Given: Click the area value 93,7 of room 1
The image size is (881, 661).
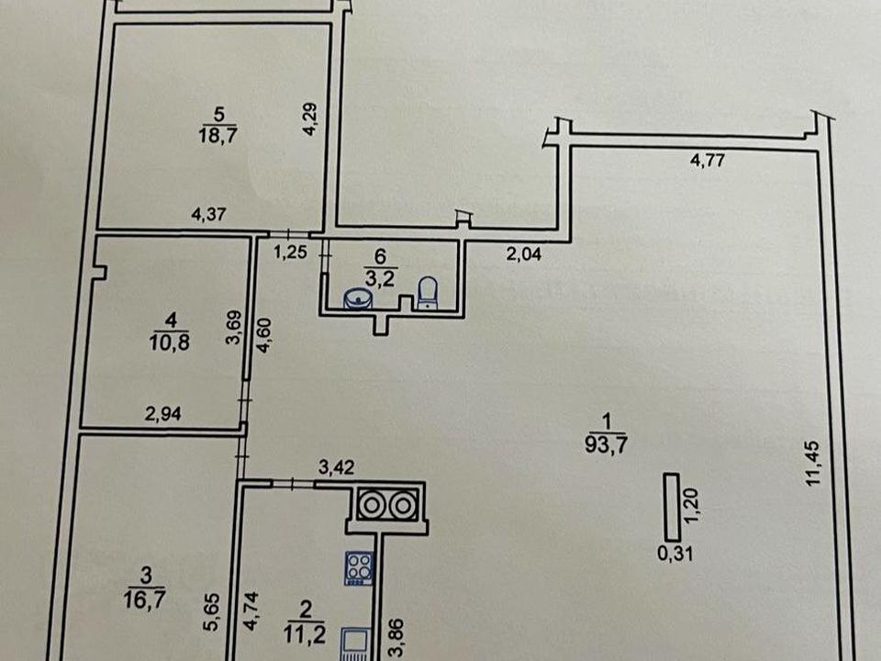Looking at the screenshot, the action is click(x=606, y=445).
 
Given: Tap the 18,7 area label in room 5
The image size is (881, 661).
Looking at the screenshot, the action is click(x=218, y=136).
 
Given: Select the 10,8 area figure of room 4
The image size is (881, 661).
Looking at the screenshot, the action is click(x=170, y=342).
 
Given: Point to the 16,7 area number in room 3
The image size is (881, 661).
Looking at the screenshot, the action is click(x=144, y=599).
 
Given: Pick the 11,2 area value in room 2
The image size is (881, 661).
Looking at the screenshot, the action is click(x=305, y=634).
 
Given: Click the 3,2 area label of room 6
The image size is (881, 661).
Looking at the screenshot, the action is click(x=380, y=279).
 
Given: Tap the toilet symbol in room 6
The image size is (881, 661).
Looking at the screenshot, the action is click(x=428, y=292).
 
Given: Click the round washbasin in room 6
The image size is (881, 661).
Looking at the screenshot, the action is click(x=358, y=297).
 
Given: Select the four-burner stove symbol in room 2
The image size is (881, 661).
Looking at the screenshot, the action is click(x=359, y=568).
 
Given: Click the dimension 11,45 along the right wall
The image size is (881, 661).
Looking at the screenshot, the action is click(x=814, y=464).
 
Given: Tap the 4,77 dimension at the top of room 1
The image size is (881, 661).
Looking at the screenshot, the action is click(x=708, y=162).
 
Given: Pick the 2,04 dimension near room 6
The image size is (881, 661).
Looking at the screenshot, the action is click(x=524, y=254).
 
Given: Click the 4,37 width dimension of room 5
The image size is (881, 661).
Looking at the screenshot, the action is click(x=209, y=214).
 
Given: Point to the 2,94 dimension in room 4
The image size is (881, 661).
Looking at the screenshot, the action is click(x=163, y=414).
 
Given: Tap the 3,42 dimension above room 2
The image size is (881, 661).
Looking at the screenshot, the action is click(x=336, y=467).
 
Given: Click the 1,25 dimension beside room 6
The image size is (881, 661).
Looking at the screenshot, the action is click(x=291, y=253).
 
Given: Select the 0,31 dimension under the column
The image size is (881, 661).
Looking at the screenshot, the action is click(x=675, y=555).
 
